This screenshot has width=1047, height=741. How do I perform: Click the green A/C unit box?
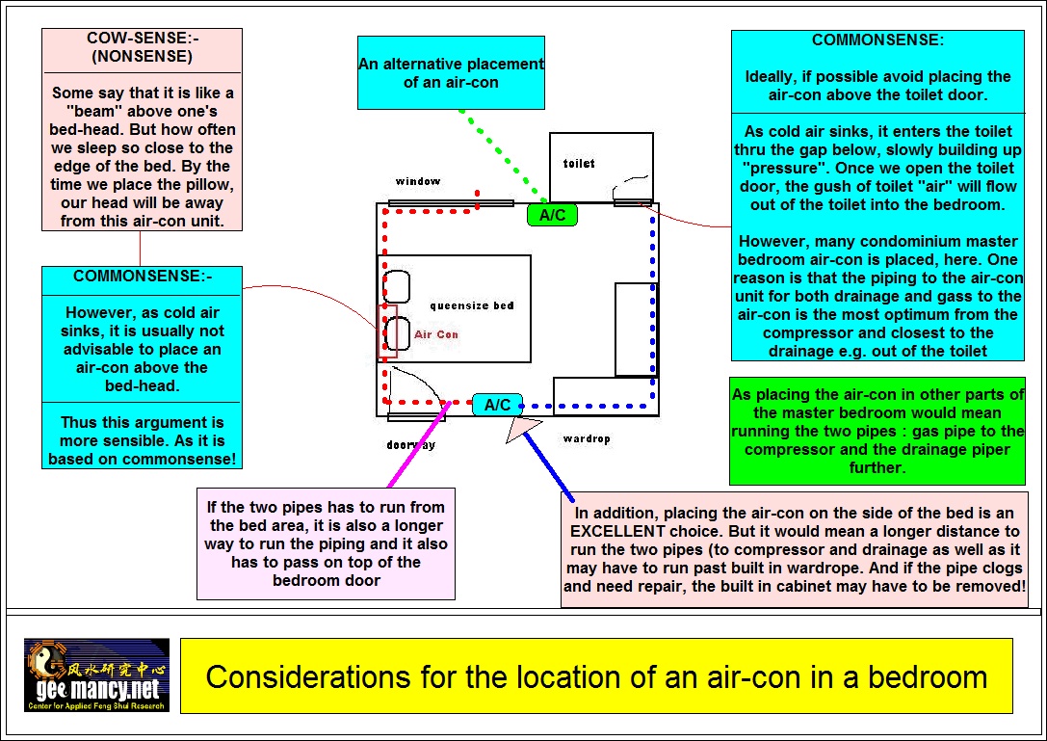[x=552, y=215]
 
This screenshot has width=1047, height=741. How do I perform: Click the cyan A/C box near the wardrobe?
[x=497, y=405]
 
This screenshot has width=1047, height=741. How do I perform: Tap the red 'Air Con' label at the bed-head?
[x=436, y=334]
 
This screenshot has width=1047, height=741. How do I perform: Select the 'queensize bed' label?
[x=472, y=305]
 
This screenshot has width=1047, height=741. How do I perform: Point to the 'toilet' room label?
[x=579, y=164]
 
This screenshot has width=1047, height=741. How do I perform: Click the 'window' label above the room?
[x=417, y=181]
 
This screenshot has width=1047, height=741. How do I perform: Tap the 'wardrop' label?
[x=587, y=439]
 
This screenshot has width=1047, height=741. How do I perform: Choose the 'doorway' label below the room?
[x=410, y=445]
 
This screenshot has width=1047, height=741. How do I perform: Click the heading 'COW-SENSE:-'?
[x=142, y=39]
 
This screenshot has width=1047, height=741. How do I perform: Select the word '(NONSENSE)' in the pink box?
[x=142, y=56]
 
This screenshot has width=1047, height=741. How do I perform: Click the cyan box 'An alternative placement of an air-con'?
[x=451, y=73]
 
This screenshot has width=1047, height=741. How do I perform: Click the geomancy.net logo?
[x=96, y=675]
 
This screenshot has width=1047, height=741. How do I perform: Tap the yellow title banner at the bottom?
[x=596, y=675]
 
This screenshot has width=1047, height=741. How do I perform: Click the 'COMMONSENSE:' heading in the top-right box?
[x=877, y=40]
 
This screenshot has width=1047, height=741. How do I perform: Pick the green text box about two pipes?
[x=877, y=431]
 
